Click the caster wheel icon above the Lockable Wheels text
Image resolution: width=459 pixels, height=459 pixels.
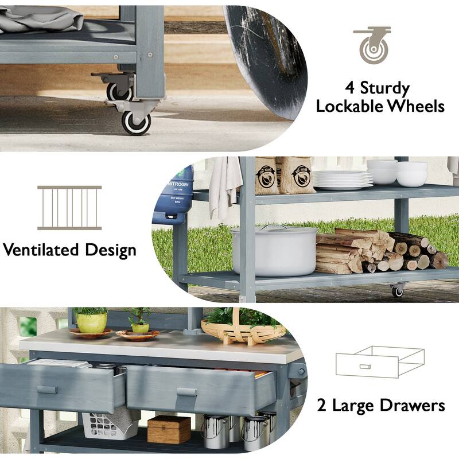(x=372, y=45)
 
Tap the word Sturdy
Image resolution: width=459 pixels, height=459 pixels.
(x=384, y=88)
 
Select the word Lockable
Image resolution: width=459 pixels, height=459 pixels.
(x=350, y=106)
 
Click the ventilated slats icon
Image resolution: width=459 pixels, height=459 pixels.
(x=69, y=208)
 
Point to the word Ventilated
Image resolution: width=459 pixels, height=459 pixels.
(x=41, y=250)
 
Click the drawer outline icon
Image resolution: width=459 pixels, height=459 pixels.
(x=380, y=362)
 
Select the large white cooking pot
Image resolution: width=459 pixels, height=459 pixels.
(x=274, y=251)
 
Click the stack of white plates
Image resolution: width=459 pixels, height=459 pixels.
(x=343, y=180)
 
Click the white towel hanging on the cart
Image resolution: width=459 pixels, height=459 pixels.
(x=225, y=188)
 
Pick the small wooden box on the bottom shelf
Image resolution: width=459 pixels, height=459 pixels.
(x=169, y=429)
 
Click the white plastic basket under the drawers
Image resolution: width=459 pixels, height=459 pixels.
(x=110, y=425)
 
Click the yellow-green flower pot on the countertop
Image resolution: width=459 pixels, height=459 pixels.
(x=92, y=322)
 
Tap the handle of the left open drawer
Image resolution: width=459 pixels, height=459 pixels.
(x=47, y=390)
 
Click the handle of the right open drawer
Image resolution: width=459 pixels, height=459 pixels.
(x=187, y=392)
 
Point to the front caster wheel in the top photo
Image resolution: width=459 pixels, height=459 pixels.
(x=136, y=122)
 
